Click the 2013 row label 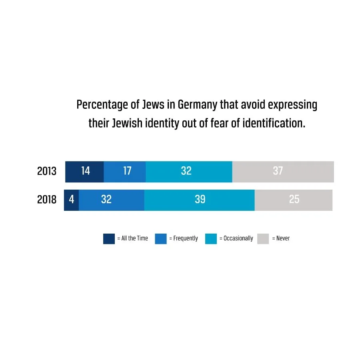(x=47, y=171)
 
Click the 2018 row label (x=47, y=199)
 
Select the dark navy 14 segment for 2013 (x=85, y=172)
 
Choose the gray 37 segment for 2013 (x=283, y=172)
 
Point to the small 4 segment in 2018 (x=72, y=200)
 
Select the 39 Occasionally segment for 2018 (x=199, y=200)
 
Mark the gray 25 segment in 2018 (x=294, y=200)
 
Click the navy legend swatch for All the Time (x=109, y=238)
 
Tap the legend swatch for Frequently (x=160, y=238)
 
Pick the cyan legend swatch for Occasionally (x=211, y=238)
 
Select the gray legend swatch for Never (x=263, y=238)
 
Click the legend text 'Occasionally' (x=238, y=238)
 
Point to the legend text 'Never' (x=283, y=238)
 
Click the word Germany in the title (x=197, y=105)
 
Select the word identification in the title (x=274, y=123)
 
